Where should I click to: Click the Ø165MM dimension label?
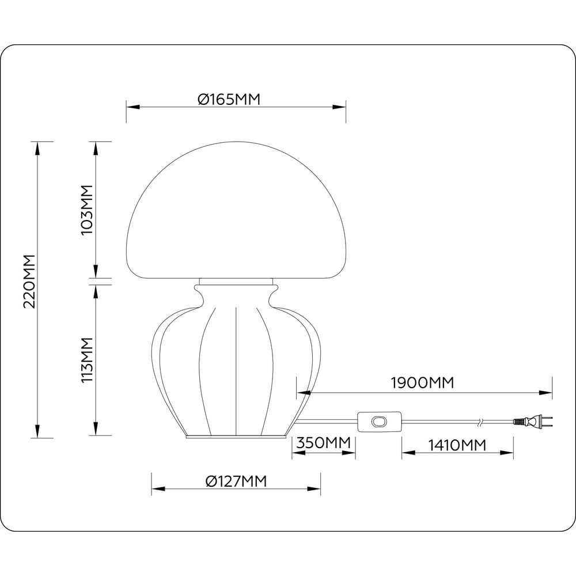(x=229, y=99)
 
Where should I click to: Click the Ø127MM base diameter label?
(x=236, y=482)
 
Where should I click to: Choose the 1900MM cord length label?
(x=422, y=382)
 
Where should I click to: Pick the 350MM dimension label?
(x=323, y=444)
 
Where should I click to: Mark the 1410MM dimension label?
(x=457, y=445)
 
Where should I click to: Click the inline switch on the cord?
(x=378, y=422)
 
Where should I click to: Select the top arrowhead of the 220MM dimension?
(x=38, y=148)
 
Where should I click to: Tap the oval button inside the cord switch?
(x=378, y=422)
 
